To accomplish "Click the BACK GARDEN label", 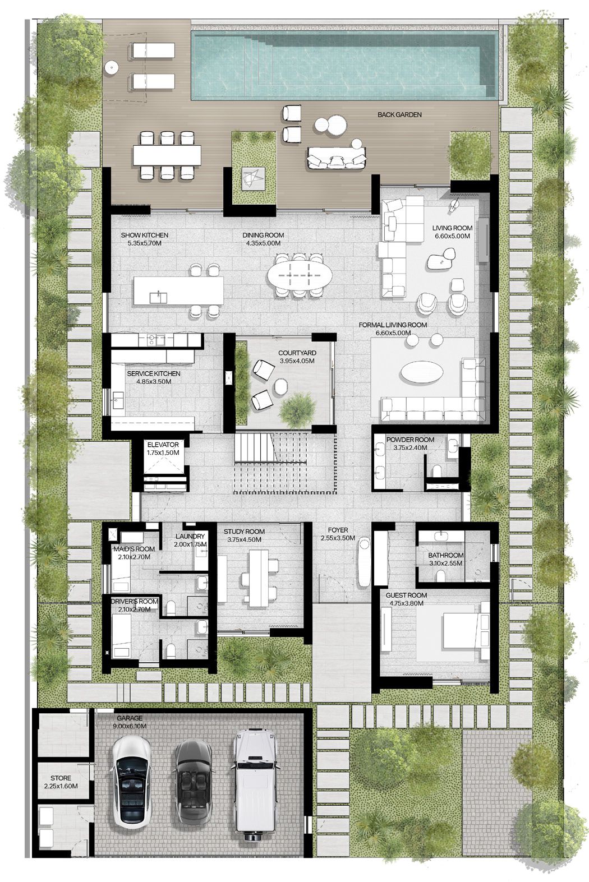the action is [399, 114].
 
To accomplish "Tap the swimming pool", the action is [343, 66].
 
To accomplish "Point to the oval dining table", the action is [299, 274].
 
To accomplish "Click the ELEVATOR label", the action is [163, 445].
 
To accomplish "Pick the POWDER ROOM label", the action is [410, 440].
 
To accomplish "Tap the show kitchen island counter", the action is [178, 290].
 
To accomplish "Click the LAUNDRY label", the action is [190, 536].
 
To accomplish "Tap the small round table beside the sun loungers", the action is [112, 68].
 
